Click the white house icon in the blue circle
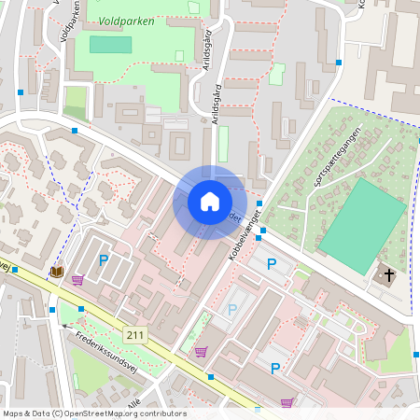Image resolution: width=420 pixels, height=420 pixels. tap(210, 202)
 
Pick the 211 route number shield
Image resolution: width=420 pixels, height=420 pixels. tap(137, 336)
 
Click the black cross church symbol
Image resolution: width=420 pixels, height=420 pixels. tap(387, 275)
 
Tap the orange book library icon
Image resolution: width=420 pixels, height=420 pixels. tap(57, 273)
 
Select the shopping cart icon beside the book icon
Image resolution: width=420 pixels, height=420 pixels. tap(77, 279)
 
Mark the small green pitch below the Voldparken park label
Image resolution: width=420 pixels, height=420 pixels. tap(110, 44)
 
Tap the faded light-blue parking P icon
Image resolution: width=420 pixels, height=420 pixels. tap(232, 309)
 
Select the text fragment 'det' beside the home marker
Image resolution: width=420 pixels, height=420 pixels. tap(234, 217)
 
